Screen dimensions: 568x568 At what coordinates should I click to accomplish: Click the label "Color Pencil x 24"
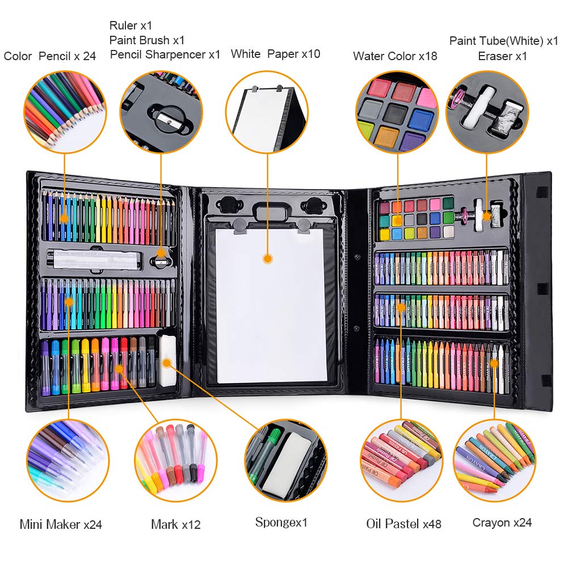click(x=49, y=56)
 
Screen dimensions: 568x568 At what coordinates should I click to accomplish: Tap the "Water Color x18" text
click(x=395, y=56)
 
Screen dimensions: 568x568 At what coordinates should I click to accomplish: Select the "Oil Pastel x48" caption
click(x=403, y=523)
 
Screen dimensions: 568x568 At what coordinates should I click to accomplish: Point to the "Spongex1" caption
click(x=281, y=523)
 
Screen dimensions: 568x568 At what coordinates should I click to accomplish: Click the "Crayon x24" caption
click(x=502, y=523)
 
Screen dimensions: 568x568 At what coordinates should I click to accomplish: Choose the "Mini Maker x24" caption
click(x=61, y=524)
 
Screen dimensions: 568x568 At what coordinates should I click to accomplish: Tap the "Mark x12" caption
click(x=176, y=524)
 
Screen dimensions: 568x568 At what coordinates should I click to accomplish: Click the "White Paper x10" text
click(x=275, y=54)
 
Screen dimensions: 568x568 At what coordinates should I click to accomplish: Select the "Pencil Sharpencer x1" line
click(x=165, y=54)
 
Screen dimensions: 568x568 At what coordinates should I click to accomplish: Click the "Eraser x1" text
click(x=502, y=56)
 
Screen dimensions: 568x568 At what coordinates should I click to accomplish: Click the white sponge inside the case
click(x=168, y=360)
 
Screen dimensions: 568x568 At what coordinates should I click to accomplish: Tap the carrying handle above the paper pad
click(x=268, y=211)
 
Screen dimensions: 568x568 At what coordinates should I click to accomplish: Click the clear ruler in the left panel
click(x=94, y=259)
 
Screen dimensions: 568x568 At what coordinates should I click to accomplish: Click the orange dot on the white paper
click(x=268, y=259)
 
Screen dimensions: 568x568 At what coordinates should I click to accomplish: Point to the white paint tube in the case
click(x=478, y=215)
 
